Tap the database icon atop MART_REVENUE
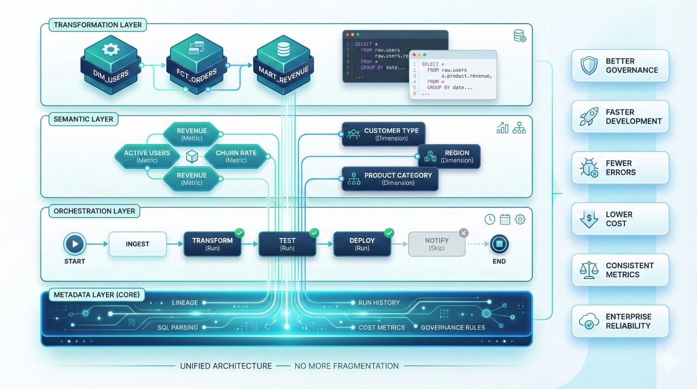coord(283,49)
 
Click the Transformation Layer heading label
coord(98,25)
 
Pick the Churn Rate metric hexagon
coord(236,156)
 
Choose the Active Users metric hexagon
coord(147,156)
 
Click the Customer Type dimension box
coord(383,134)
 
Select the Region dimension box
coord(449,156)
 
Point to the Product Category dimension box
coord(390,179)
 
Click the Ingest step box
coord(138,244)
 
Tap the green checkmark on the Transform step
coord(240,233)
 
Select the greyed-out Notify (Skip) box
coord(437,244)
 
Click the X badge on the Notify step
coord(463,233)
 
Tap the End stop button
coord(499,244)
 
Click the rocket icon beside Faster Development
coord(589,117)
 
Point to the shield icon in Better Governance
coord(589,66)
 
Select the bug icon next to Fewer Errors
coord(589,168)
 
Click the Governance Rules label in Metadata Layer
coord(453,328)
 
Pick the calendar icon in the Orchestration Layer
coord(505,219)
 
